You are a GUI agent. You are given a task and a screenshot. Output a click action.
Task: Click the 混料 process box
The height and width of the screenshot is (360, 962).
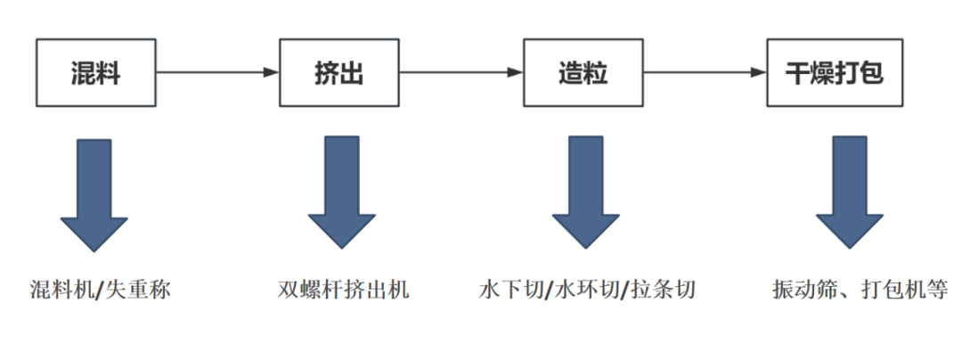click(x=95, y=72)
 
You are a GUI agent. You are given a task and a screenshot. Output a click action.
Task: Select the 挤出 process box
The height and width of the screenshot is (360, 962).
click(x=339, y=72)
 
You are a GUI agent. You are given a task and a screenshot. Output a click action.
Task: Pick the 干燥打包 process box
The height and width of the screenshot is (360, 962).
click(x=834, y=72)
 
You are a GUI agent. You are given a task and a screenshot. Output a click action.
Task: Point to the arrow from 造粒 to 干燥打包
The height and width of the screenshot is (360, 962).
click(x=705, y=72)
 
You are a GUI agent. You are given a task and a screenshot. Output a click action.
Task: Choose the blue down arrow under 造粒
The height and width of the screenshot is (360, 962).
click(x=585, y=192)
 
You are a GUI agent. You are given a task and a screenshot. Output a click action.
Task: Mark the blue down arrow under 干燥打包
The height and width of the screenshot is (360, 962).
click(x=849, y=192)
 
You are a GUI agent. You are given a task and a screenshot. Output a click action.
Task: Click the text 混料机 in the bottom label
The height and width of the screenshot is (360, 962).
click(x=60, y=290)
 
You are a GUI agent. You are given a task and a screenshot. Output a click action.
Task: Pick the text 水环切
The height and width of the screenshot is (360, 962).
click(x=585, y=290)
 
